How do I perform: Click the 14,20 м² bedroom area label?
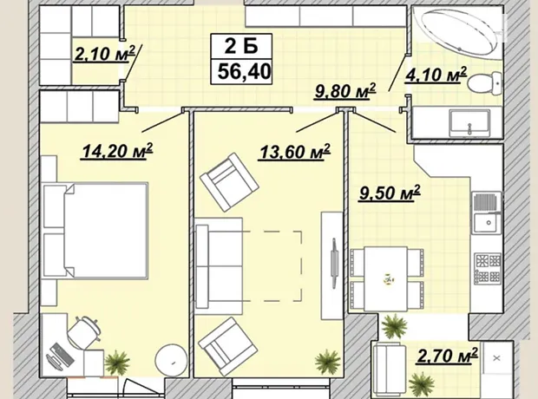[x=116, y=151]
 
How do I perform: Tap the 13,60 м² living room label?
[x=294, y=152]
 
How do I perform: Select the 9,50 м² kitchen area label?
[x=390, y=193]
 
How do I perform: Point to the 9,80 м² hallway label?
[x=344, y=91]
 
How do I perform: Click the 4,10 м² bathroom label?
[x=436, y=75]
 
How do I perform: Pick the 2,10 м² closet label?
[x=104, y=54]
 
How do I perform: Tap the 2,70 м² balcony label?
[x=447, y=355]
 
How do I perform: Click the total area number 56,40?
[x=245, y=72]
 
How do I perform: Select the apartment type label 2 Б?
[x=241, y=46]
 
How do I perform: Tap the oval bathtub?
[x=459, y=32]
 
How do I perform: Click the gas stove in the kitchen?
[x=488, y=267]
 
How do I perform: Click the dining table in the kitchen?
[x=386, y=278]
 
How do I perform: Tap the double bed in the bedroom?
[x=96, y=231]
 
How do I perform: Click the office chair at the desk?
[x=83, y=331]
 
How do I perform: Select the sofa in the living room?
[x=219, y=266]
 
